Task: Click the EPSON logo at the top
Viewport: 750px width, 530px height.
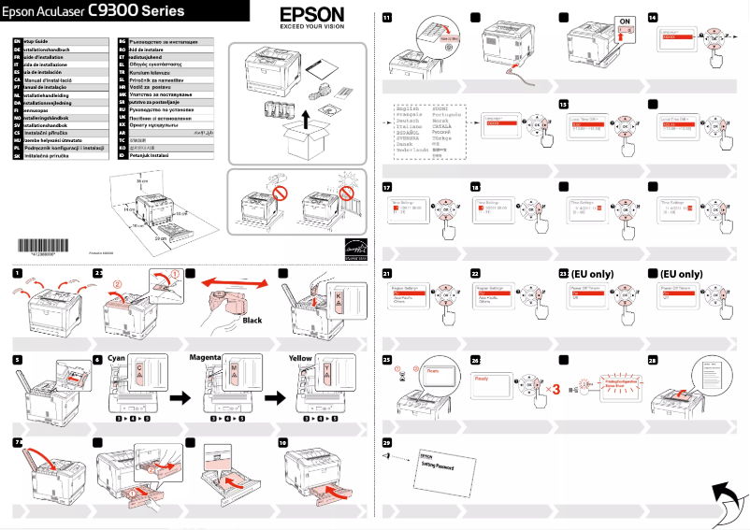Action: [x=311, y=17]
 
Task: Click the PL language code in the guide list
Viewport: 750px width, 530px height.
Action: [x=18, y=148]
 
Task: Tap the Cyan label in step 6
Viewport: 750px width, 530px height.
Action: [x=117, y=358]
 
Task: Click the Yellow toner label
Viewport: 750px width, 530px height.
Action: [x=300, y=358]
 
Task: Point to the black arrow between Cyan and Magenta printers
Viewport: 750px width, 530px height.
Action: [x=178, y=398]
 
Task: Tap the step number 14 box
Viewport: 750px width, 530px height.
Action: [x=651, y=17]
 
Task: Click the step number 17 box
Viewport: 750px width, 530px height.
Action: [x=386, y=187]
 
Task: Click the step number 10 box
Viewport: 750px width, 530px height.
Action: [x=282, y=441]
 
